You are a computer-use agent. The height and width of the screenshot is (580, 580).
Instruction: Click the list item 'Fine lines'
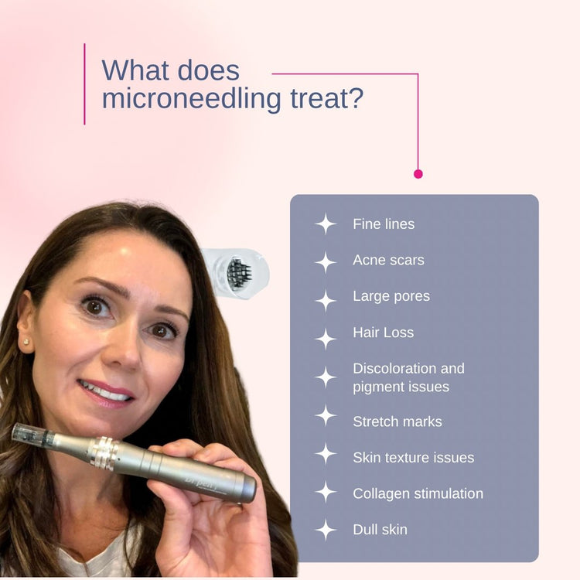pos(384,224)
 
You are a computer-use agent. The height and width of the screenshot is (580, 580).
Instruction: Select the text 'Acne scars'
pos(388,261)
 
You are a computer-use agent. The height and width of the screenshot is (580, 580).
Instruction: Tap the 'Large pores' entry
pos(391,296)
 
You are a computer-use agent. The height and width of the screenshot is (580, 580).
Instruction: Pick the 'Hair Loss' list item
pos(383,333)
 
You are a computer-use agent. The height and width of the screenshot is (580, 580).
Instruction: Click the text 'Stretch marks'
pos(397,421)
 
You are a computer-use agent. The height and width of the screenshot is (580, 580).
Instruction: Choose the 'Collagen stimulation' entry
pos(418,493)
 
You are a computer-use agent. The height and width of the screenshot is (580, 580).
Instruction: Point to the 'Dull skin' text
pos(380,530)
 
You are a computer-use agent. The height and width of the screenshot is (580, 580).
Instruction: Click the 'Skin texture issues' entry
pos(413,458)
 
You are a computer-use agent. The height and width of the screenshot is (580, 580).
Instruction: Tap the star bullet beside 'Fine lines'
pos(326,224)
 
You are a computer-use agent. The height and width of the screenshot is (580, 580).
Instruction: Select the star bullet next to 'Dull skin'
pos(326,530)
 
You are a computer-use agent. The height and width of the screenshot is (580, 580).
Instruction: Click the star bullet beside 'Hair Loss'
pos(326,338)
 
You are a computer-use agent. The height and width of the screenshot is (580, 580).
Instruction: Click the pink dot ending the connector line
pos(418,174)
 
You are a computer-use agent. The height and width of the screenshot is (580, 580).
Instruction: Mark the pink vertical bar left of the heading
pos(84,84)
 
